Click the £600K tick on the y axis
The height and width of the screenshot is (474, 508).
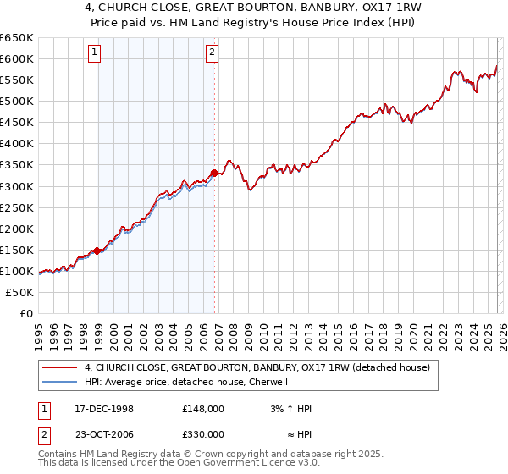coord(17,58)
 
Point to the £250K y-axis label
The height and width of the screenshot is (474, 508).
coord(17,207)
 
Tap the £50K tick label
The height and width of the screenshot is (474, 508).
coord(20,292)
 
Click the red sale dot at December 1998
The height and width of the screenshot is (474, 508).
coord(97,251)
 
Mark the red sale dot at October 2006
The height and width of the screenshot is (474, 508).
coord(214,173)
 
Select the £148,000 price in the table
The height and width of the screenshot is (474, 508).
coord(202,409)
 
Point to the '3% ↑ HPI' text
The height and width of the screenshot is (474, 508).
coord(291,409)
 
